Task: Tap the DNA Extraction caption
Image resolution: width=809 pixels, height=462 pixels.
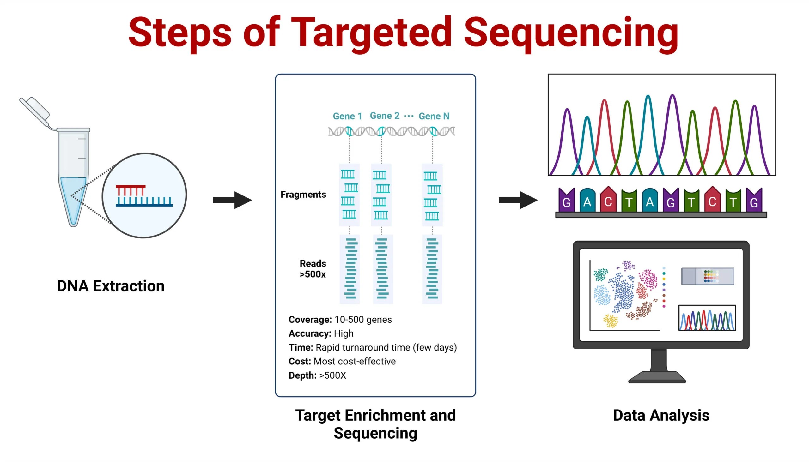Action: tap(111, 286)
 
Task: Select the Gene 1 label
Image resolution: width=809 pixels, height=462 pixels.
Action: tap(347, 116)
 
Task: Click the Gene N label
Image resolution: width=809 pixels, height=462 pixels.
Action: tap(434, 116)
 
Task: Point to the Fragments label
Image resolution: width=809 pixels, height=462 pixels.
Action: tap(303, 194)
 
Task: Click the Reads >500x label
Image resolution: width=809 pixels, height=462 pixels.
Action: tap(313, 269)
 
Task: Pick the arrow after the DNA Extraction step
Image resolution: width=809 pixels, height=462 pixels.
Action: tap(232, 200)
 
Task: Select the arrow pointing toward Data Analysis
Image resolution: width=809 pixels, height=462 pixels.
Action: tap(518, 200)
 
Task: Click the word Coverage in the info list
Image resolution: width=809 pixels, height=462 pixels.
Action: tap(310, 320)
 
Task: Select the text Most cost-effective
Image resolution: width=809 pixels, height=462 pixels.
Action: tap(354, 361)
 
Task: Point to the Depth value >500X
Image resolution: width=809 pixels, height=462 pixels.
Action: tap(332, 375)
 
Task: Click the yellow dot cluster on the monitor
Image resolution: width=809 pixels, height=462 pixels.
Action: tap(610, 321)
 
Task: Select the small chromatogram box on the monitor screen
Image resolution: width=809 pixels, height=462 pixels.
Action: tap(707, 318)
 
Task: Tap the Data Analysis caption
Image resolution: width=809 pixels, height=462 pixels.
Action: tap(661, 415)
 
